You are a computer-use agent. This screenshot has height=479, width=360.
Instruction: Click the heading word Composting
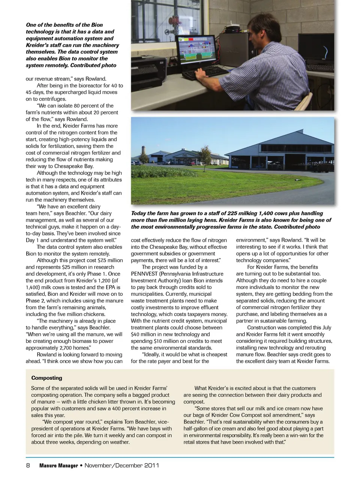coord(46,378)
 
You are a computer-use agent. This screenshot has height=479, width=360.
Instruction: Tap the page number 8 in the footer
coord(28,466)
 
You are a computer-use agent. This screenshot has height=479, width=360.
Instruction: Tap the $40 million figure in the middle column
coord(144,334)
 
